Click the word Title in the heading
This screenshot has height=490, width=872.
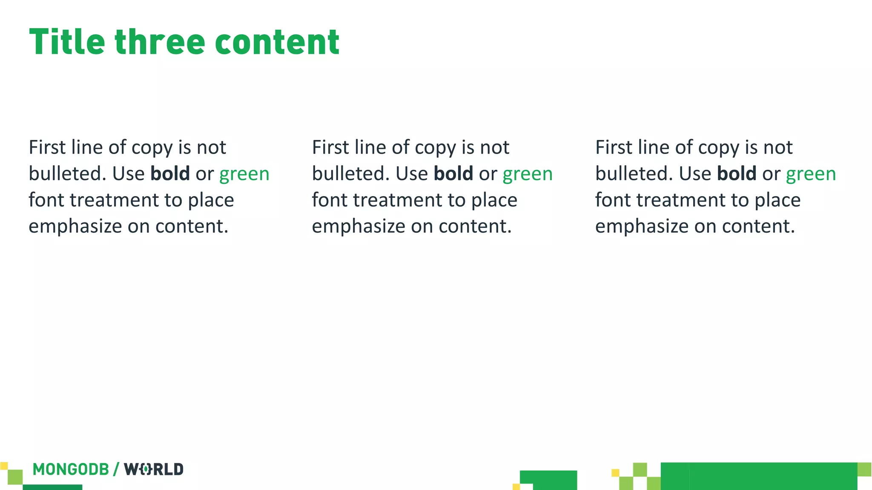pyautogui.click(x=67, y=42)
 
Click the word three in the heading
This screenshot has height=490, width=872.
pyautogui.click(x=160, y=42)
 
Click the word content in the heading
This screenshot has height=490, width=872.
pyautogui.click(x=277, y=42)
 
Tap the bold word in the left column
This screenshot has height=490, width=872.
pyautogui.click(x=170, y=174)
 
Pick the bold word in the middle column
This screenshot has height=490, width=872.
pyautogui.click(x=453, y=174)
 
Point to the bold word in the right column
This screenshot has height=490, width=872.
pyautogui.click(x=737, y=174)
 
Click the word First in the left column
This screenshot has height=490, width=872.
pyautogui.click(x=47, y=148)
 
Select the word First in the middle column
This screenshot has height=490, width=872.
pyautogui.click(x=330, y=148)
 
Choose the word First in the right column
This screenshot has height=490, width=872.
pyautogui.click(x=614, y=148)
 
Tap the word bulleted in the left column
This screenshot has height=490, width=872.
pyautogui.click(x=67, y=174)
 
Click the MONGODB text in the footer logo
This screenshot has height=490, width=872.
pyautogui.click(x=71, y=469)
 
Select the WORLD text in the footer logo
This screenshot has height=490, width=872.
pyautogui.click(x=154, y=469)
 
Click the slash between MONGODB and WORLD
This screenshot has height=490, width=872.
pyautogui.click(x=116, y=469)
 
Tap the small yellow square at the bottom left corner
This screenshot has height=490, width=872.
pyautogui.click(x=4, y=466)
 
